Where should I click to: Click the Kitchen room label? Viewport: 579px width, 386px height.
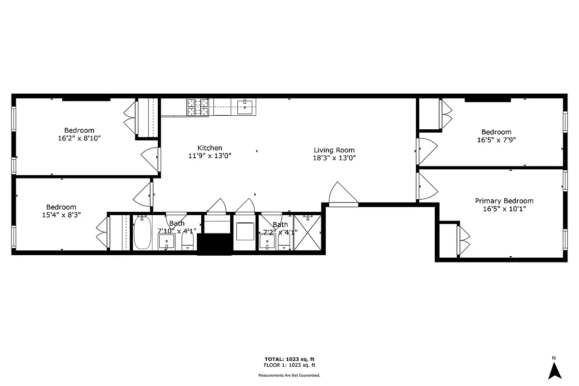coord(210,148)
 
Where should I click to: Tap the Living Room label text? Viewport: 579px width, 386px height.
coord(334,150)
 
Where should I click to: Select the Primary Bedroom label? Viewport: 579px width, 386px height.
coord(504,201)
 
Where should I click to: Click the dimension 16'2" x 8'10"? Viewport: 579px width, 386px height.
coord(79,138)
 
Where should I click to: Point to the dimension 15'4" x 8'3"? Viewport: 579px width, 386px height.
coord(61,215)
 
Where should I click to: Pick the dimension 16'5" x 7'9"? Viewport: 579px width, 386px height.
coord(496,140)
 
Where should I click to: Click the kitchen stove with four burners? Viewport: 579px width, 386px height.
coord(198,107)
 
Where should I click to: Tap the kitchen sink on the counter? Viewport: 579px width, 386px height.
coord(246,107)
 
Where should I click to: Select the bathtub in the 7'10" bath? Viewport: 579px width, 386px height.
coord(142,233)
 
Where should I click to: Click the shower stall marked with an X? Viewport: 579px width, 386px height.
coord(307,232)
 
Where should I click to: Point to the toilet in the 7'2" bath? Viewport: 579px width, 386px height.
coord(285,241)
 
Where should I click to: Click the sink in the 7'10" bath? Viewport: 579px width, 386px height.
coord(167,241)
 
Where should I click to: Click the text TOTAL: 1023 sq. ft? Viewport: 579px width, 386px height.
coord(289,359)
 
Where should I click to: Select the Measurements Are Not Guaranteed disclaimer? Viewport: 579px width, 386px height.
coord(289,375)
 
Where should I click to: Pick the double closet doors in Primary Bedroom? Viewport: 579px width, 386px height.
coord(463,240)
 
